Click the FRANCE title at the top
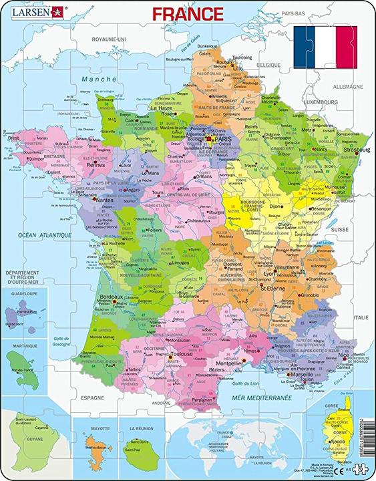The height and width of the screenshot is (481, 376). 188,13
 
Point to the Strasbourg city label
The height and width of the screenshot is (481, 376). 356,150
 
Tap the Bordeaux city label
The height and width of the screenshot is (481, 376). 109,297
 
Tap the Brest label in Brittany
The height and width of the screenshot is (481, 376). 13,138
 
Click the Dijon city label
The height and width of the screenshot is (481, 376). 274,206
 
